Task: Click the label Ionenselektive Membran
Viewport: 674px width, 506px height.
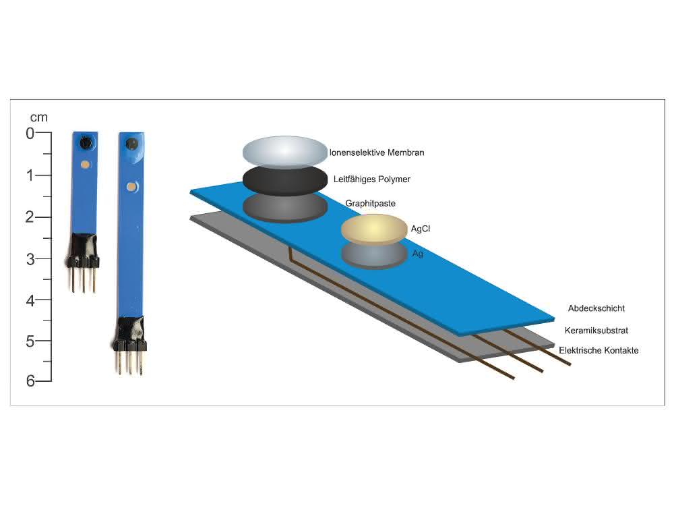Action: [377, 152]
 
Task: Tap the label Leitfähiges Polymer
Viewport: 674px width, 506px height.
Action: [372, 179]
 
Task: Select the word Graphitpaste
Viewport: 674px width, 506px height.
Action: [370, 203]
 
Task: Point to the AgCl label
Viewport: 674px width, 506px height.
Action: [420, 229]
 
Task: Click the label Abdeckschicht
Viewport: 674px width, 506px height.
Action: [596, 308]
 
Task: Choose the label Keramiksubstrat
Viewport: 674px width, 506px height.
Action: [596, 331]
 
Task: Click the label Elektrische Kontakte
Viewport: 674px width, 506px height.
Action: [599, 350]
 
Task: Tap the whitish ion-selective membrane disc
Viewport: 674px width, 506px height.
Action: [285, 152]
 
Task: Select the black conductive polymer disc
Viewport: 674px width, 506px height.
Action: [285, 180]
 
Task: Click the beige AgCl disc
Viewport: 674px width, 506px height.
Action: [374, 229]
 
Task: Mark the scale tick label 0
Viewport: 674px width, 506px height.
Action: [30, 134]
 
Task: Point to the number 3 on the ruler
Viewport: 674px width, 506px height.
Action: [30, 260]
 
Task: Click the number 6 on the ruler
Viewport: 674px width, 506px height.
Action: [30, 381]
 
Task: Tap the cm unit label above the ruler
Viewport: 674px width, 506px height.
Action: [38, 117]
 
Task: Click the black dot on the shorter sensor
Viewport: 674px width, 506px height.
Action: [86, 142]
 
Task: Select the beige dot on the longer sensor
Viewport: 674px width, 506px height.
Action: [131, 187]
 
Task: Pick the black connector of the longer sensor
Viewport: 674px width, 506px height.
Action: [131, 334]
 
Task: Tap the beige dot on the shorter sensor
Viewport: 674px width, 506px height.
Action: [85, 165]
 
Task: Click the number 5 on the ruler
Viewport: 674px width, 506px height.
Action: [30, 341]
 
